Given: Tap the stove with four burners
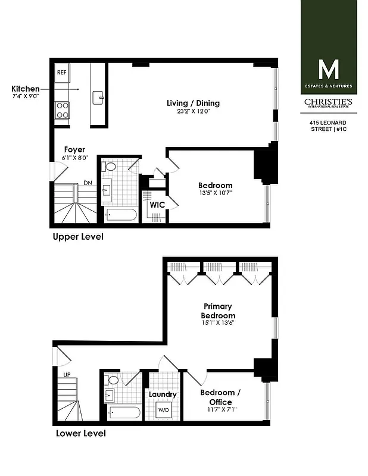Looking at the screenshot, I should click(x=63, y=110).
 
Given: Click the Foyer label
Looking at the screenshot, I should click(x=74, y=150).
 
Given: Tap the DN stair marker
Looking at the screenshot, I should click(x=88, y=183).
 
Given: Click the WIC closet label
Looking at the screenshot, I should click(x=157, y=205).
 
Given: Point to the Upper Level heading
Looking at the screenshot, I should click(x=78, y=237).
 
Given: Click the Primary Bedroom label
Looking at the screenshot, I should click(x=218, y=311).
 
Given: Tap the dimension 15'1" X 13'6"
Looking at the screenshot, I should click(x=218, y=324).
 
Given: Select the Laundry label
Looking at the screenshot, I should click(x=163, y=394).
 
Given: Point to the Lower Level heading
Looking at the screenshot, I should click(x=81, y=434).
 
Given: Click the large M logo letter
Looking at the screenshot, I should click(x=328, y=70).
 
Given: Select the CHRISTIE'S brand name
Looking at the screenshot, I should click(x=328, y=102).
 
